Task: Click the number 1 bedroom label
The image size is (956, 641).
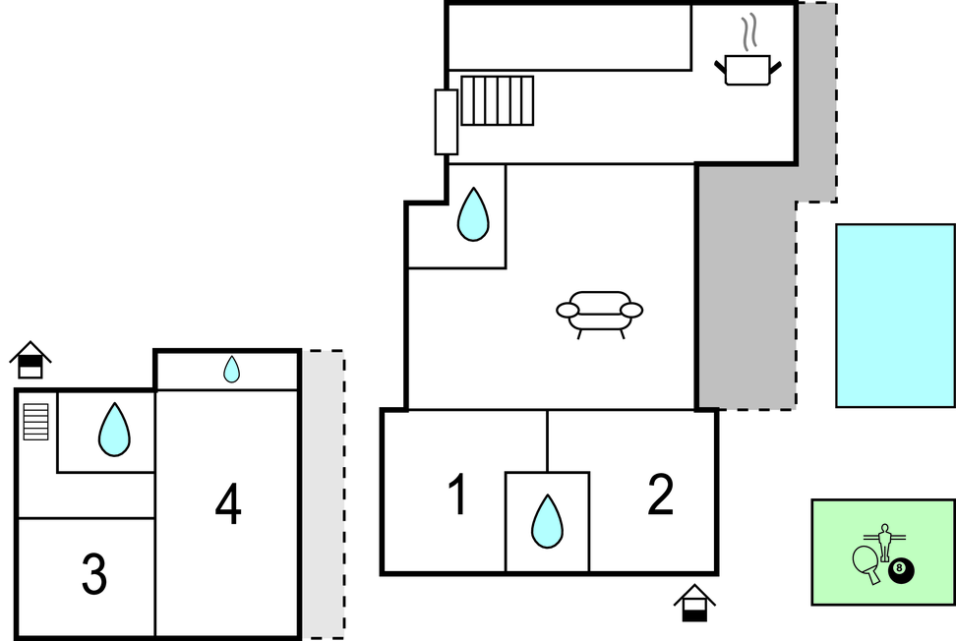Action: (456, 495)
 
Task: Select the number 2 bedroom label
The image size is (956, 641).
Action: (660, 495)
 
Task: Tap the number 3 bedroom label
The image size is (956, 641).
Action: (93, 575)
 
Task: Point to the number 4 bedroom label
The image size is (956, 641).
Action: (228, 505)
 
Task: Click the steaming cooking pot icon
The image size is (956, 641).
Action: (747, 61)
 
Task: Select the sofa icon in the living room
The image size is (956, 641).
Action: (599, 313)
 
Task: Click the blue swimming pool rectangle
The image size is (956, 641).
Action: (894, 315)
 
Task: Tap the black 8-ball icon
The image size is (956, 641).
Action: (899, 570)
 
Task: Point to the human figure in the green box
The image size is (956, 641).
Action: (884, 542)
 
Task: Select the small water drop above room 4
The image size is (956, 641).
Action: (231, 370)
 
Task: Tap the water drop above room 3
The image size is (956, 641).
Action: (114, 430)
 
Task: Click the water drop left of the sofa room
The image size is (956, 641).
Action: (473, 214)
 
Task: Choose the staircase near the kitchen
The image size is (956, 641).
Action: (497, 100)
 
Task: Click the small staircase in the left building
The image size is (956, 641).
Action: (35, 422)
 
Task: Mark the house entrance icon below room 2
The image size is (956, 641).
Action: (694, 603)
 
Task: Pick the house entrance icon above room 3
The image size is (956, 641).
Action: (30, 359)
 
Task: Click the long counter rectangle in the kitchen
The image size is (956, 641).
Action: (568, 37)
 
